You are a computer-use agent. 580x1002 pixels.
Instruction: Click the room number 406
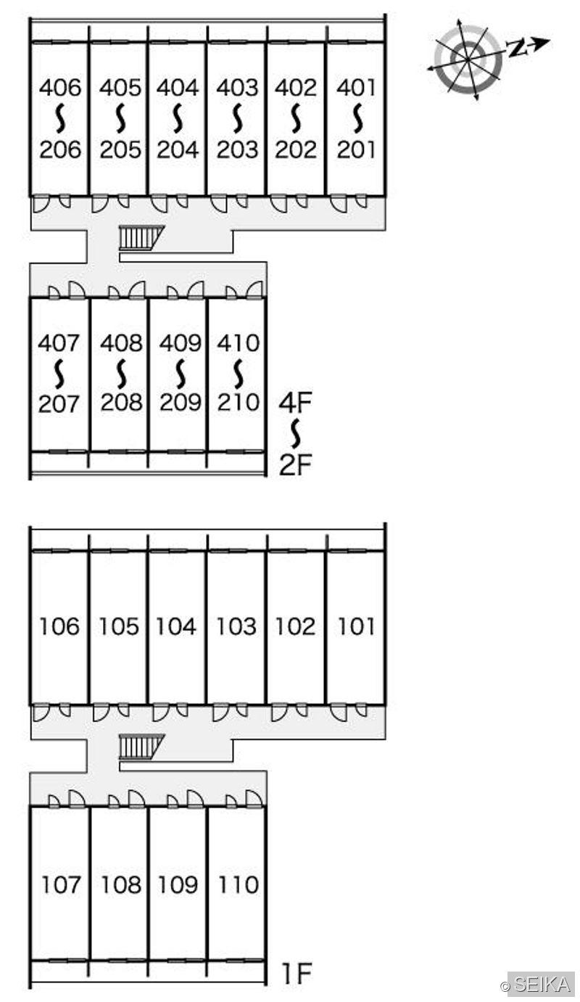[60, 87]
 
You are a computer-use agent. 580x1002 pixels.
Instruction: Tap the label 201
[356, 149]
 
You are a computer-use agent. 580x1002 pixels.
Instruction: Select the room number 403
[237, 87]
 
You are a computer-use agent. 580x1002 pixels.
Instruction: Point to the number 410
[239, 343]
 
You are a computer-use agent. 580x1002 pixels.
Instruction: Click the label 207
[59, 404]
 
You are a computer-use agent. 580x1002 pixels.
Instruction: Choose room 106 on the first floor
[59, 626]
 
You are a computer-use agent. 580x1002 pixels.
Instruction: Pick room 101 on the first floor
[356, 626]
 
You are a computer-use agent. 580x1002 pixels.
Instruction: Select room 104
[176, 626]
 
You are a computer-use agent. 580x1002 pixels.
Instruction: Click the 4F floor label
[295, 402]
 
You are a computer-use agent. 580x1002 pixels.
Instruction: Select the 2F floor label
[295, 465]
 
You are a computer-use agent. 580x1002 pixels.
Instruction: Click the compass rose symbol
[468, 59]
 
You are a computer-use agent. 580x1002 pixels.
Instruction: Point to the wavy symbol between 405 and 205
[120, 118]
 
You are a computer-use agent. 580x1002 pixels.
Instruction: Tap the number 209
[180, 403]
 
